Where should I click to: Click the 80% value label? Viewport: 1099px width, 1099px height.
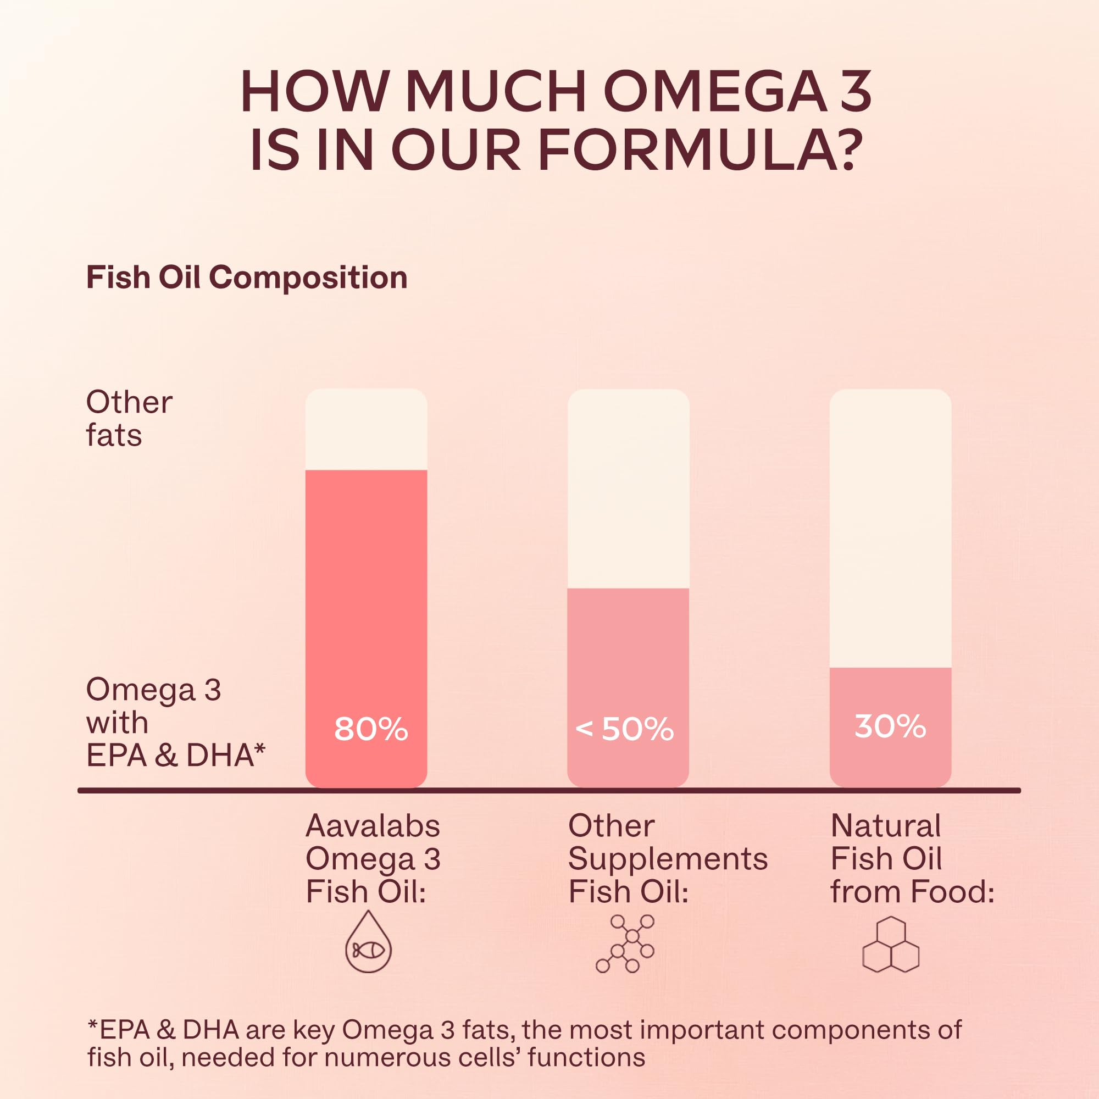tap(371, 729)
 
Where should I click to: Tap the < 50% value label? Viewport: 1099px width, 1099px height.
tap(625, 729)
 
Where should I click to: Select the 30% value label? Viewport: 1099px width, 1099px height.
tap(890, 726)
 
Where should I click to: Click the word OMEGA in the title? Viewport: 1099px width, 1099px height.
tap(714, 92)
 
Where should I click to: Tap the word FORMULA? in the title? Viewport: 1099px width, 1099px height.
tap(697, 151)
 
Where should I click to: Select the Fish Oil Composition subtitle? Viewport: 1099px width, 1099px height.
tap(246, 278)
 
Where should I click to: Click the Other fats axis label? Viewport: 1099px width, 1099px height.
tap(129, 419)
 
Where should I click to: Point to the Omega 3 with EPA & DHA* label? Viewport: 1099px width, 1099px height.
tap(175, 722)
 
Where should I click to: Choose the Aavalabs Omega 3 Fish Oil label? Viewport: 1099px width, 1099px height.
tap(373, 858)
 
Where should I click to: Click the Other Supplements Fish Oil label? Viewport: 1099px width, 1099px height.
tap(667, 858)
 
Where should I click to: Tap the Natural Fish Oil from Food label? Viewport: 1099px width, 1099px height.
tap(912, 858)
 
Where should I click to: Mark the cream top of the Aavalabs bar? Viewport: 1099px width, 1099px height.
tap(367, 430)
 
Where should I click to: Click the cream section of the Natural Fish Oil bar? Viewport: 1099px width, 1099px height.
tap(890, 529)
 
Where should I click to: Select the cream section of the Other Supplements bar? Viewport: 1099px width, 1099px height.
tap(628, 489)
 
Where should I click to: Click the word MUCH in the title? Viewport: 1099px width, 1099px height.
tap(496, 92)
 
